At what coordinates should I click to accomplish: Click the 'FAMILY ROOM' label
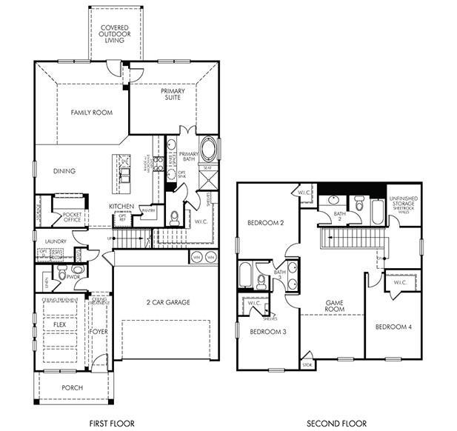[x=91, y=113]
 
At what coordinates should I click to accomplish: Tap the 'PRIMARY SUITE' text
[x=173, y=96]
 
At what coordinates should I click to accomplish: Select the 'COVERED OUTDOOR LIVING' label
[x=116, y=34]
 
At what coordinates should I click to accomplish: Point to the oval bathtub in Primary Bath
[x=210, y=149]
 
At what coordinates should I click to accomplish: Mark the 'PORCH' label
[x=73, y=387]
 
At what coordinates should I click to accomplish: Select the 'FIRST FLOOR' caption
[x=112, y=423]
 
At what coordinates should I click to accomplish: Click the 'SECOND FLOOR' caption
[x=337, y=423]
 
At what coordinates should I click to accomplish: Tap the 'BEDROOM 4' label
[x=393, y=327]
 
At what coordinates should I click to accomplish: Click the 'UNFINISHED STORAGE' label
[x=404, y=201]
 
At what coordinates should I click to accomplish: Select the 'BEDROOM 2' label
[x=265, y=223]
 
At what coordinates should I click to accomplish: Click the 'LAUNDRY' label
[x=56, y=241]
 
